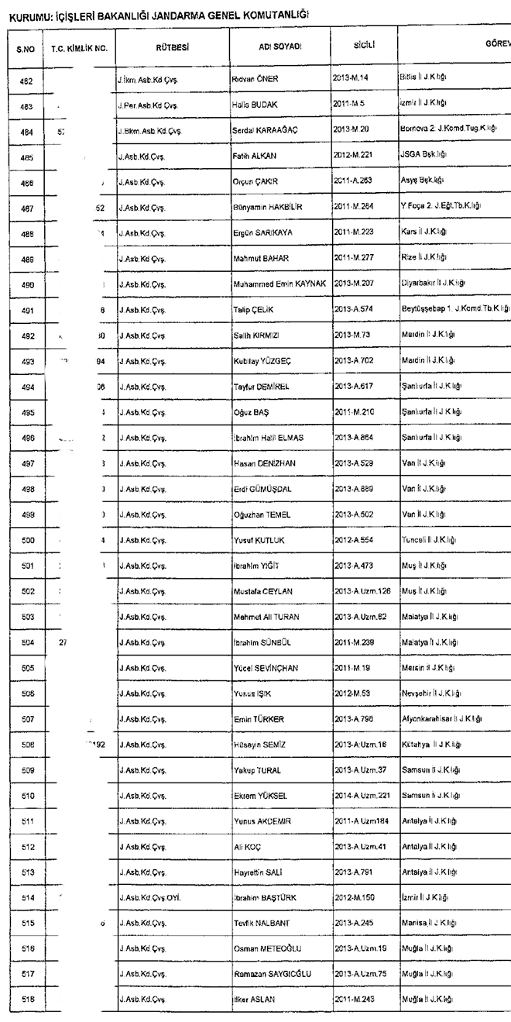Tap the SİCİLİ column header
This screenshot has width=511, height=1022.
[364, 46]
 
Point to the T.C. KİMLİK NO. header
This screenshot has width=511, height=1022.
[79, 48]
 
